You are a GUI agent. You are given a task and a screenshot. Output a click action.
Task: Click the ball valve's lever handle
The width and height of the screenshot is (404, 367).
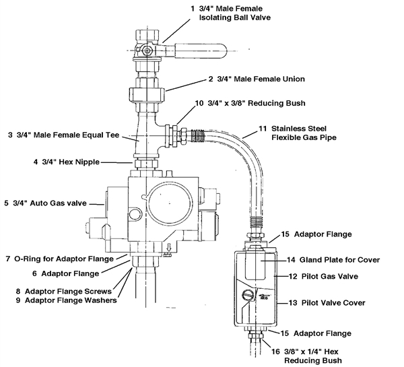tap(201, 51)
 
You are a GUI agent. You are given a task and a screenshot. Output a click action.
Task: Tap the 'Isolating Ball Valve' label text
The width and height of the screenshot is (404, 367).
tap(235, 18)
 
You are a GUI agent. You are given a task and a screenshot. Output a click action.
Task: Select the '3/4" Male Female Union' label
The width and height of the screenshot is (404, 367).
tap(261, 79)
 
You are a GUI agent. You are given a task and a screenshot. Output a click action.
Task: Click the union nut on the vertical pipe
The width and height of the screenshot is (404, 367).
tap(147, 94)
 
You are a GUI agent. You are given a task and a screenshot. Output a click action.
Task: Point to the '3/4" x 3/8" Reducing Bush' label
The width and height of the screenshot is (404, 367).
tap(257, 103)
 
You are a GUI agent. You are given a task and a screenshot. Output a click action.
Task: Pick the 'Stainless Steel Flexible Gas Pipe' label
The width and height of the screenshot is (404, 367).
tap(304, 133)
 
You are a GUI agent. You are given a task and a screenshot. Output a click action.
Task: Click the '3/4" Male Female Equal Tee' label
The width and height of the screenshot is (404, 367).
tap(68, 135)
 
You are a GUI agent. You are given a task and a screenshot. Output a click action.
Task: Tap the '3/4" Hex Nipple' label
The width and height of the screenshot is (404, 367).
tap(71, 162)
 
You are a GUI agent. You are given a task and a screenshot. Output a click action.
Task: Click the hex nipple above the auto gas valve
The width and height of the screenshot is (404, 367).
tap(145, 164)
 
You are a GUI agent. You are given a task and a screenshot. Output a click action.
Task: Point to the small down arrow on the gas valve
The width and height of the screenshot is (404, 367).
tap(169, 248)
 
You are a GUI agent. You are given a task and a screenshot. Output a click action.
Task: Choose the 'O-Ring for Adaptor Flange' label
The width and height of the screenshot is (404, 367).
tap(64, 259)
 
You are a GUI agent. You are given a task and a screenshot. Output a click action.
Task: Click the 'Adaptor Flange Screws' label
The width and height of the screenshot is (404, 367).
tap(68, 291)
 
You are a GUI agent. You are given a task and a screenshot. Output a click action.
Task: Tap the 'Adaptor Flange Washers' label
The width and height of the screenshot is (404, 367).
tap(71, 300)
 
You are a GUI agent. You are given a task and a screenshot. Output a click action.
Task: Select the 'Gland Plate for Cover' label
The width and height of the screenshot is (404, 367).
tap(339, 260)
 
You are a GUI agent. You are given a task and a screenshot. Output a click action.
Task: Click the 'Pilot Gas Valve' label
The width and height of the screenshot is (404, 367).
tap(330, 276)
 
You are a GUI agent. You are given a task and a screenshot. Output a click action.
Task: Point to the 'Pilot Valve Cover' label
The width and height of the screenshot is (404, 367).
tap(333, 302)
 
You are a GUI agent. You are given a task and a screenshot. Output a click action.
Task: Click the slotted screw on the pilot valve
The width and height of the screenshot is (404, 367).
tap(248, 294)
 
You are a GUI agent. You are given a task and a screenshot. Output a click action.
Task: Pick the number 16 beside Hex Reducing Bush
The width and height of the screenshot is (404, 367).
tap(275, 352)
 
